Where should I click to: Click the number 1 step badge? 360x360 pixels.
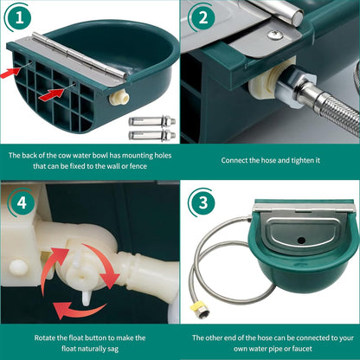(19, 17)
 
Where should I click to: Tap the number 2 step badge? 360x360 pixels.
(202, 17)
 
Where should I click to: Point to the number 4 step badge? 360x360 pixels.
(18, 204)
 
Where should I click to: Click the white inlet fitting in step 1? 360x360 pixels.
(113, 100)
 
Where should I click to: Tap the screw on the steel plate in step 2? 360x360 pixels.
(274, 35)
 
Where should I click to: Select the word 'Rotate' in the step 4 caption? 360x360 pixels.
(46, 337)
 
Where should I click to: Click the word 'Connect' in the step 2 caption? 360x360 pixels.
(237, 160)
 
